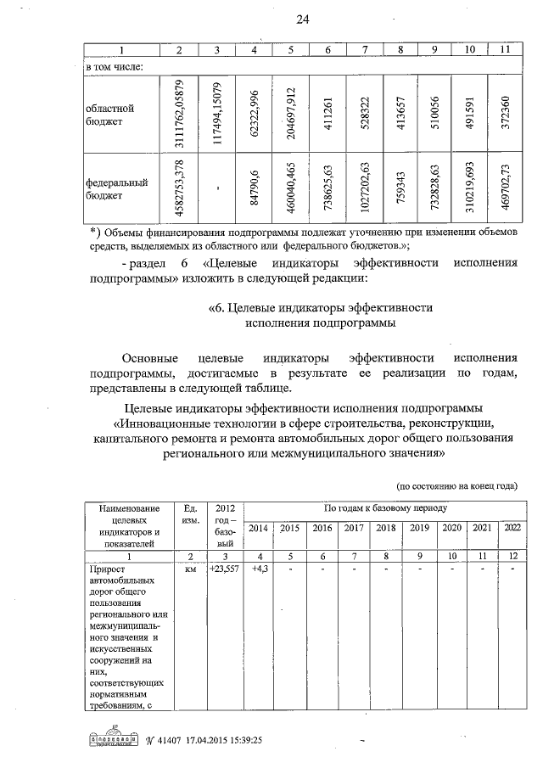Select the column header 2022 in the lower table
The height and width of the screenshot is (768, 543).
(x=512, y=528)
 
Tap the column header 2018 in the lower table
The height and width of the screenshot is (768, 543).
(x=386, y=528)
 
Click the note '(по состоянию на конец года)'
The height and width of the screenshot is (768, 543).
(x=457, y=486)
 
